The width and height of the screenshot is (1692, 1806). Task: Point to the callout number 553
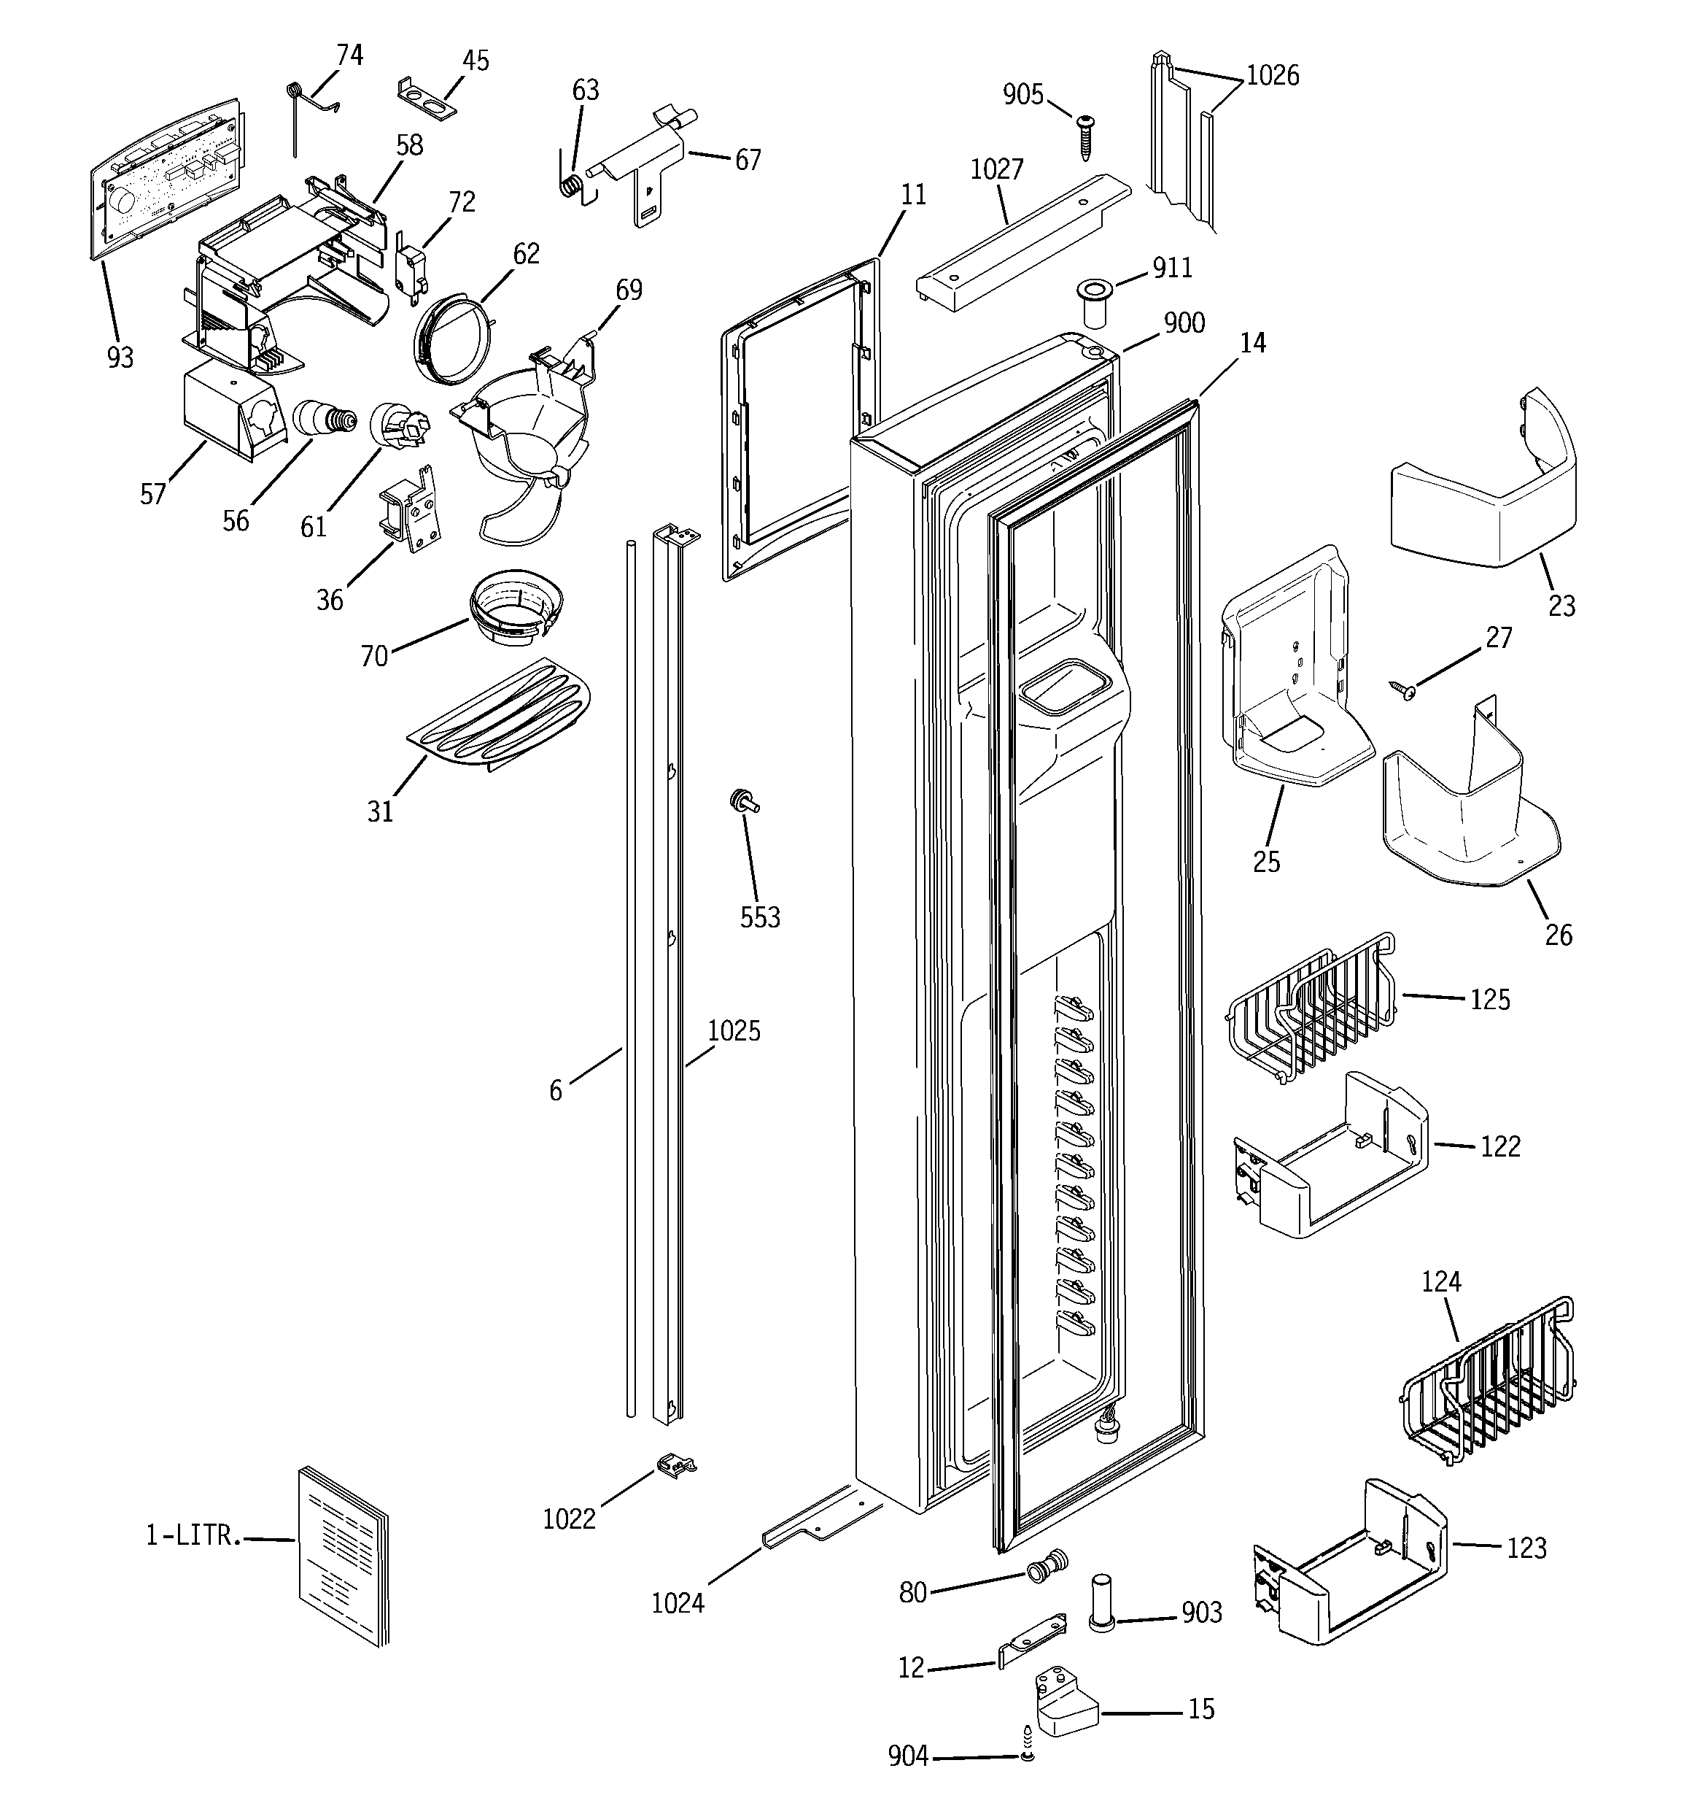click(x=759, y=917)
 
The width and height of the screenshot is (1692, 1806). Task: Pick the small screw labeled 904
click(x=1026, y=1755)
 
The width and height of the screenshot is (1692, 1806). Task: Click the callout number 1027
click(x=996, y=169)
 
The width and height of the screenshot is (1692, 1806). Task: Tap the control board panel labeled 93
click(x=168, y=177)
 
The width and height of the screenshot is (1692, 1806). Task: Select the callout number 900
click(x=1184, y=323)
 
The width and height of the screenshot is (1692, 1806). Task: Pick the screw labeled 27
click(x=1405, y=690)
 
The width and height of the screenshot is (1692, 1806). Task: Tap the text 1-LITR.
click(x=193, y=1535)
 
